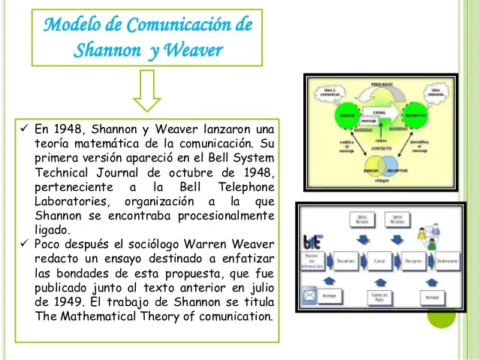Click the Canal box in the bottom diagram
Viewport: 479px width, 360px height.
click(x=378, y=263)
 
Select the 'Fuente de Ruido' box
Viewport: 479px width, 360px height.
click(x=379, y=297)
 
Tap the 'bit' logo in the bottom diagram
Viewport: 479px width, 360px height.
click(x=312, y=241)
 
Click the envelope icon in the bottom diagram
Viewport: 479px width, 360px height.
click(x=309, y=294)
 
